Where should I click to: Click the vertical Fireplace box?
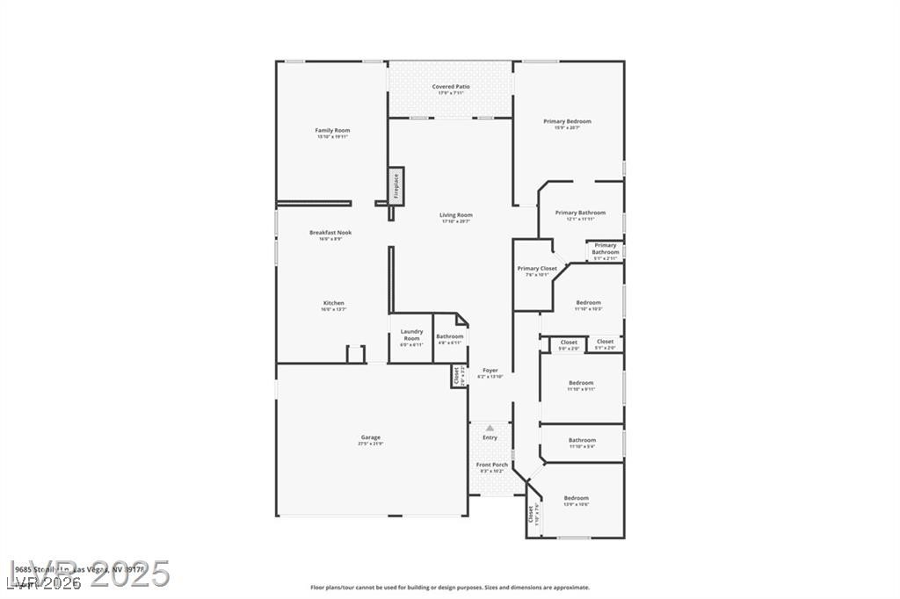396,186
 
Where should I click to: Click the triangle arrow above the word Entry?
490,428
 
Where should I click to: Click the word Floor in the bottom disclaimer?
319,588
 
